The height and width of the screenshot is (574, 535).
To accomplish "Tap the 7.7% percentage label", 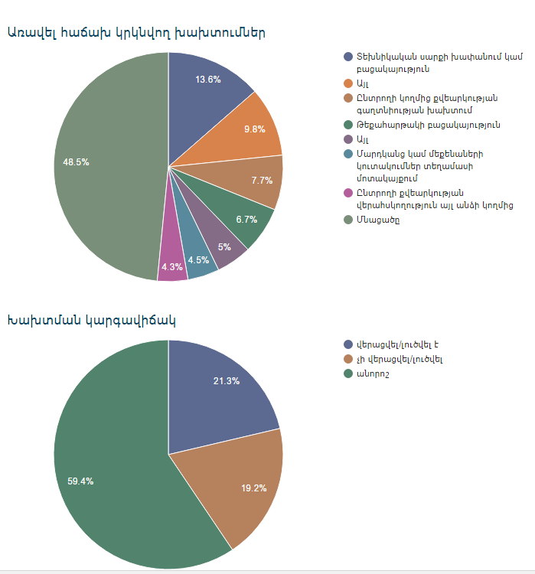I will click(x=262, y=181).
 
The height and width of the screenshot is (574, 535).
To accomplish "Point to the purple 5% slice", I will click(x=223, y=246).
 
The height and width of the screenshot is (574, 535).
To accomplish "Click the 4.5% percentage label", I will click(x=198, y=260).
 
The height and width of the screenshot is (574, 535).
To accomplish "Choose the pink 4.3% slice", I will click(x=172, y=268).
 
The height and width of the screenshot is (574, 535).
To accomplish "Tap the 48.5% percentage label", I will click(x=76, y=162).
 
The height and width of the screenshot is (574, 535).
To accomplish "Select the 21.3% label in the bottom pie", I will click(x=227, y=381).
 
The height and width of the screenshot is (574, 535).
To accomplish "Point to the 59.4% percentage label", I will click(x=80, y=481).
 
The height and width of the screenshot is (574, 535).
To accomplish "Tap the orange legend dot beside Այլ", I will click(x=348, y=83).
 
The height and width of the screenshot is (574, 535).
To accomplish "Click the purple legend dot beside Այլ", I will click(x=348, y=139).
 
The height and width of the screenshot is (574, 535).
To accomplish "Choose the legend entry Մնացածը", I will click(x=377, y=220).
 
